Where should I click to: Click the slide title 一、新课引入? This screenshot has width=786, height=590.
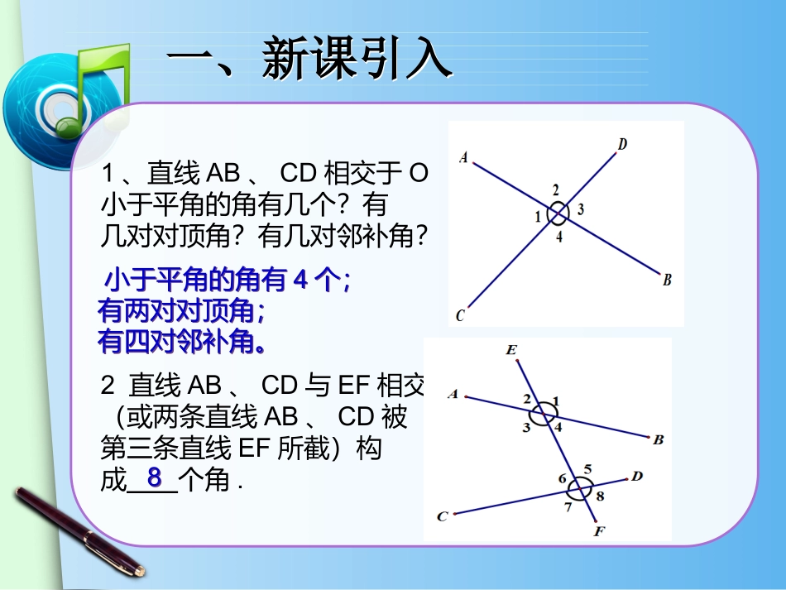click(309, 60)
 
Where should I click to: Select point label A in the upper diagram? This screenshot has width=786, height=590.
click(463, 157)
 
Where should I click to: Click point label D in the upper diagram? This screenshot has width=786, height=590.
click(621, 145)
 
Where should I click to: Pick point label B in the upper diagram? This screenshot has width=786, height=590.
click(667, 280)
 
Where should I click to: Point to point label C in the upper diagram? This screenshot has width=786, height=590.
click(461, 314)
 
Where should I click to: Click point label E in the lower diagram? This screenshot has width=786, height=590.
click(511, 352)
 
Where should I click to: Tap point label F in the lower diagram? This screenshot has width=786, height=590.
click(598, 531)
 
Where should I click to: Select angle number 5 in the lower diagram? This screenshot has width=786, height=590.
click(587, 468)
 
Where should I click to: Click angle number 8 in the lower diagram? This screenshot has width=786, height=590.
click(600, 496)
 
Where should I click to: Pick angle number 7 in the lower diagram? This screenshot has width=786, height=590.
click(568, 506)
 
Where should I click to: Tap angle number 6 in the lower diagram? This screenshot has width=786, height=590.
click(562, 479)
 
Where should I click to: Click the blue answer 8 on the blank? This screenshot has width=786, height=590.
click(154, 477)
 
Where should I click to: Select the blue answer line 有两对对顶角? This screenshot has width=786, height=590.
click(181, 311)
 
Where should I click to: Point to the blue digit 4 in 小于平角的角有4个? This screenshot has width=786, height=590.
click(301, 281)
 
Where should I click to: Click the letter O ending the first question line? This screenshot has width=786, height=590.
click(419, 174)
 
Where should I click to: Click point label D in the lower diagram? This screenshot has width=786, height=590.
click(637, 476)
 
